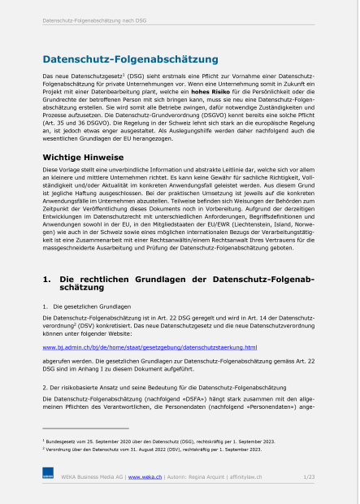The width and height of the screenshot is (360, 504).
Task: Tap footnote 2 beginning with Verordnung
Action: (159, 449)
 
